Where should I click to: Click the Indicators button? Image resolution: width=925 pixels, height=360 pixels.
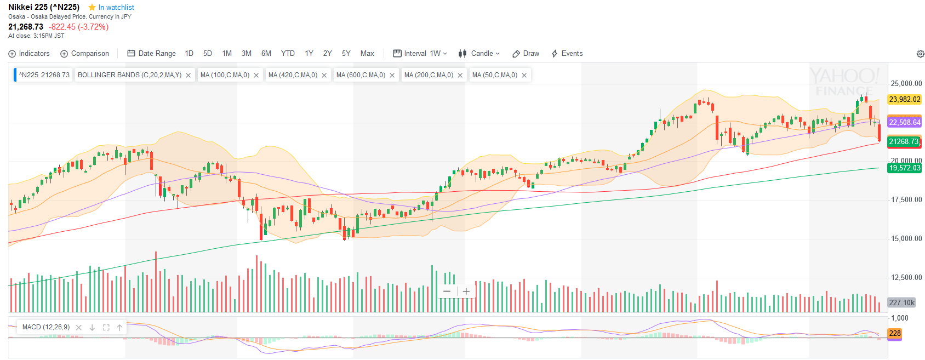tap(29, 54)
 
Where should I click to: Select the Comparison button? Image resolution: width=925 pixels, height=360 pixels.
tap(84, 54)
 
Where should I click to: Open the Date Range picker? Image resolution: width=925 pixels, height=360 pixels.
tap(151, 54)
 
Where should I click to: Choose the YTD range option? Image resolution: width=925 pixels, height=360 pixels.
tap(288, 54)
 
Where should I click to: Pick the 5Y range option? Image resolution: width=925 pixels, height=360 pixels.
tap(346, 54)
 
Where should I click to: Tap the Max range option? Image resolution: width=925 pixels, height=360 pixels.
tap(367, 54)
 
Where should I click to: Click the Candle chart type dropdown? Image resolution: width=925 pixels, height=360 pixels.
tap(479, 54)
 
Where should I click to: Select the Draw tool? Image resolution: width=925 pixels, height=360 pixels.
tap(526, 54)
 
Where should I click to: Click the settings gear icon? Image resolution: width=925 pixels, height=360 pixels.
tap(921, 54)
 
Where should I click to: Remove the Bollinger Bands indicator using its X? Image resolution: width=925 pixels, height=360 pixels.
tap(189, 76)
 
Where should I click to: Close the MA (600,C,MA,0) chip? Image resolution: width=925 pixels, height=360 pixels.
tap(392, 76)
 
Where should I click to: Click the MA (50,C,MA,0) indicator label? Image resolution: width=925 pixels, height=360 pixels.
tap(494, 75)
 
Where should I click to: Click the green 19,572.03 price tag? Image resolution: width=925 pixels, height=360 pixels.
tap(905, 168)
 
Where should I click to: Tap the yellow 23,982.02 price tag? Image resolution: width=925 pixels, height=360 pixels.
tap(905, 100)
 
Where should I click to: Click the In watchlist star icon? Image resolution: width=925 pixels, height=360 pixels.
tap(92, 8)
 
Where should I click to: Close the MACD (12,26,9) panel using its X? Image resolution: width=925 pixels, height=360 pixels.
tap(79, 328)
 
